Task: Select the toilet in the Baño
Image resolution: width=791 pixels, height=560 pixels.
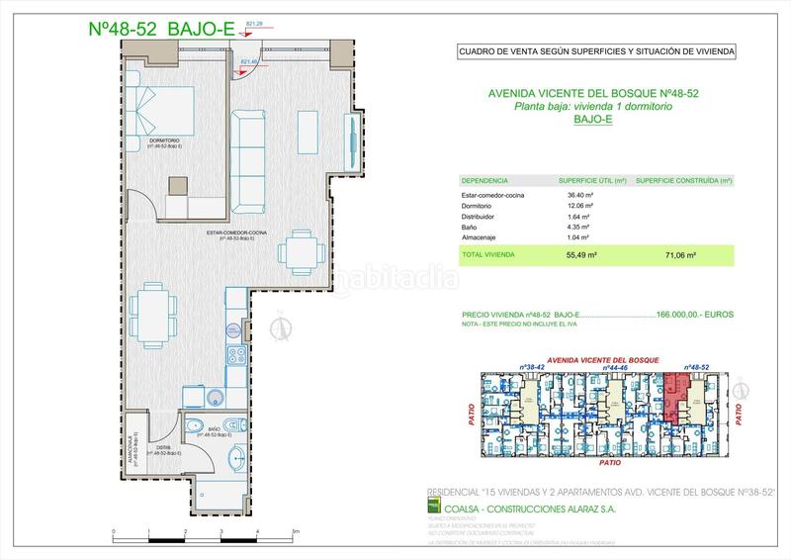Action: [x=194, y=426]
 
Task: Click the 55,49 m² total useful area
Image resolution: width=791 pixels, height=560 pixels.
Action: [x=575, y=254]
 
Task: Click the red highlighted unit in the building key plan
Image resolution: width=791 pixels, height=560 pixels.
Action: [x=676, y=396]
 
